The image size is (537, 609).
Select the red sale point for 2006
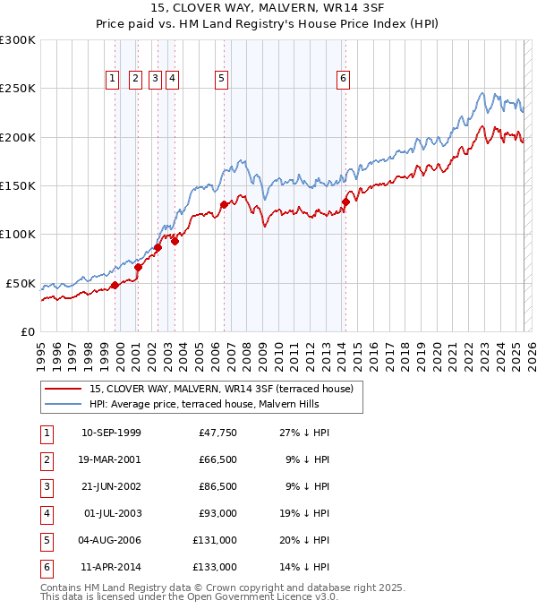(x=224, y=205)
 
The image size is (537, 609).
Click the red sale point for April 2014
(x=345, y=202)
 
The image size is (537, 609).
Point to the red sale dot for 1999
(x=115, y=286)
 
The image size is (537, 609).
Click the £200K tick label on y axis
(x=18, y=137)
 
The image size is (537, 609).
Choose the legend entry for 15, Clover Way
(x=221, y=389)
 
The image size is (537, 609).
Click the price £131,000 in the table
(x=215, y=540)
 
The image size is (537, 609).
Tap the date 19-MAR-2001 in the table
(x=111, y=459)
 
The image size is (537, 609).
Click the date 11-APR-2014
(x=111, y=567)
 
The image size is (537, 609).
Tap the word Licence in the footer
(x=288, y=597)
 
